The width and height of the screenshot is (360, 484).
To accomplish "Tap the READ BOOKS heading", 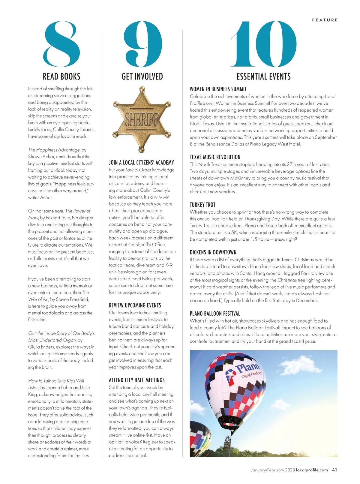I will [61, 77].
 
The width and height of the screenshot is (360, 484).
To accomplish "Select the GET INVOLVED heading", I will [142, 77].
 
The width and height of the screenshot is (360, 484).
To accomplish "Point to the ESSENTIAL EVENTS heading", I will [263, 77].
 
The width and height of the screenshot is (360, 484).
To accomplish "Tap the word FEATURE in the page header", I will [325, 20].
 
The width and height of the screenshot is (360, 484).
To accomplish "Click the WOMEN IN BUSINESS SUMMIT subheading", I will [218, 89].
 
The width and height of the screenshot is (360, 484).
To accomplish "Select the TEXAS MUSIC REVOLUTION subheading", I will [215, 157].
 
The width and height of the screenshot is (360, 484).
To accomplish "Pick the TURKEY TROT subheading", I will [202, 205].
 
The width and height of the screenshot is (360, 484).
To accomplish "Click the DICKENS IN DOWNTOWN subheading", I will [213, 252].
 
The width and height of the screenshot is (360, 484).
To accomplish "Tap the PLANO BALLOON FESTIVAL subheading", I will [215, 314].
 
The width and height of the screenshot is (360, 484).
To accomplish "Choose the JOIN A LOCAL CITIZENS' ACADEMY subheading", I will [141, 163].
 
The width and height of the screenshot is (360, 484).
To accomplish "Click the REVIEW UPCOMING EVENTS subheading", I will [135, 305].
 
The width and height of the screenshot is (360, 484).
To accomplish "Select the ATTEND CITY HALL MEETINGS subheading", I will [137, 380].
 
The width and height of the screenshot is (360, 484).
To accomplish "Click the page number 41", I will [334, 470].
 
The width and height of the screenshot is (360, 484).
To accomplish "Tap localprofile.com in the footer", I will [312, 470].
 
